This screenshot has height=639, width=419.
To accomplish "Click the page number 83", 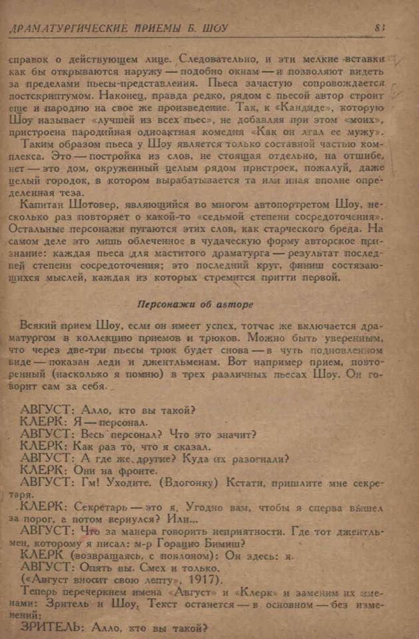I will (x=380, y=27).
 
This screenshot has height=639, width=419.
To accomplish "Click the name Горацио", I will (x=182, y=542).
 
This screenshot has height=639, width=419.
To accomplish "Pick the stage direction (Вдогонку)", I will (x=187, y=481).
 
